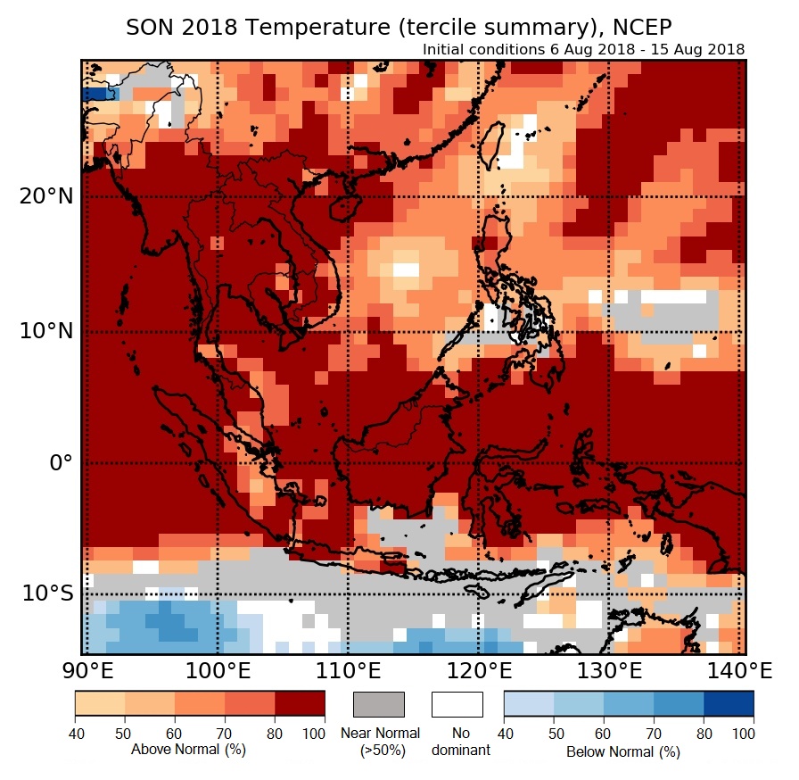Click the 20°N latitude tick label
[45, 196]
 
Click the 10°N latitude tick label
[45, 332]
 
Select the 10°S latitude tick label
[45, 593]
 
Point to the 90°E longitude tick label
[83, 669]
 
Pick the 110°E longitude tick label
[348, 669]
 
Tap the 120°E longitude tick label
[479, 669]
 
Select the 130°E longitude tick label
[610, 669]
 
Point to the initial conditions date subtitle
[584, 49]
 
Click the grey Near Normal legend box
[379, 704]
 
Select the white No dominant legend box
[457, 704]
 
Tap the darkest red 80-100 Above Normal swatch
[300, 704]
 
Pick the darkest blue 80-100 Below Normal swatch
[729, 704]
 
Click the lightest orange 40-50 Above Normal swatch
[100, 704]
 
